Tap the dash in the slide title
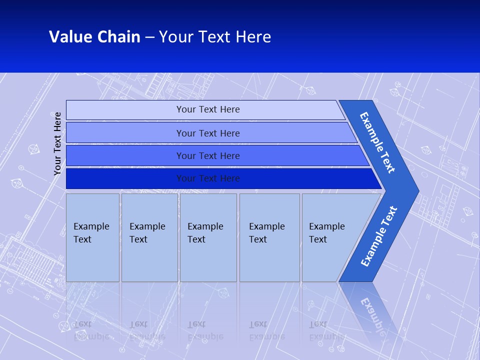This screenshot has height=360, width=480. [x=149, y=37]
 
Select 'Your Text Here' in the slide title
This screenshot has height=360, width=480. [x=215, y=36]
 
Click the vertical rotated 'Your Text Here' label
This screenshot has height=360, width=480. [x=57, y=143]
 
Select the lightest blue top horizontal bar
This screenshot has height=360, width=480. [x=207, y=109]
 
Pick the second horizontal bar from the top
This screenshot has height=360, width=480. [x=207, y=133]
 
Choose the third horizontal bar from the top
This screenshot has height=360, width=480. [x=207, y=155]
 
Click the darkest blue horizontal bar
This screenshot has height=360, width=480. [x=207, y=178]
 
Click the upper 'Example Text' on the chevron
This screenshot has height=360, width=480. [x=377, y=142]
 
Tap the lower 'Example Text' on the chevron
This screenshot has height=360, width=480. [x=379, y=236]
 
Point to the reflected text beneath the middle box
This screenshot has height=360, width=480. [x=205, y=330]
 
